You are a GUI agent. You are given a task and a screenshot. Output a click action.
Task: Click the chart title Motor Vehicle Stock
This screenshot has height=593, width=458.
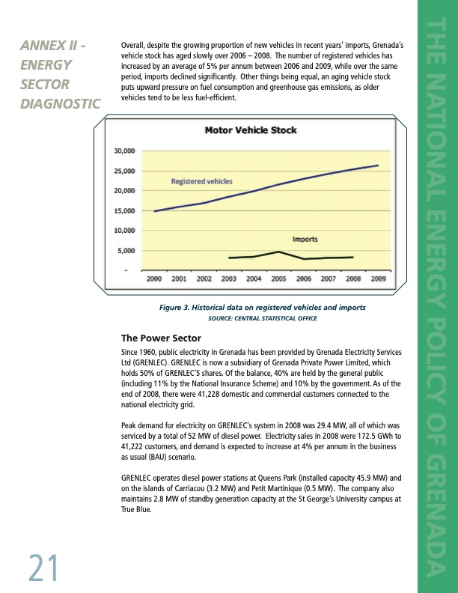[x=251, y=130]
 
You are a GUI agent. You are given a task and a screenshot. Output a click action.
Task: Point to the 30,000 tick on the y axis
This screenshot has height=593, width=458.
[x=123, y=150]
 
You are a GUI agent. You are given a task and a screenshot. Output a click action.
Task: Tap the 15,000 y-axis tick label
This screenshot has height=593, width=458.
[x=123, y=211]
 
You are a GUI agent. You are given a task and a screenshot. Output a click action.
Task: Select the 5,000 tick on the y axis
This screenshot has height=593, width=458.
[x=126, y=251]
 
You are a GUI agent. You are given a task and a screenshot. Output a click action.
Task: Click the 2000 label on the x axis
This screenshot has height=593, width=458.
[x=154, y=279]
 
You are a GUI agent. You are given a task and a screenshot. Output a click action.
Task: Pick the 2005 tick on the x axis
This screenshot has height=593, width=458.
[x=278, y=279]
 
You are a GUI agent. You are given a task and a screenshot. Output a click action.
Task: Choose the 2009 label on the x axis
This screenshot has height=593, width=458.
[x=379, y=279]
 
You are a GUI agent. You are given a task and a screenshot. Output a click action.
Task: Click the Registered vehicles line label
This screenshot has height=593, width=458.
[x=202, y=181]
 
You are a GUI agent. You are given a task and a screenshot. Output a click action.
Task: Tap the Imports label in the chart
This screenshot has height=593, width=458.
[x=305, y=240]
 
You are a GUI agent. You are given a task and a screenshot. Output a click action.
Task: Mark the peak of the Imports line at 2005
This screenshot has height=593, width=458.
[x=278, y=252]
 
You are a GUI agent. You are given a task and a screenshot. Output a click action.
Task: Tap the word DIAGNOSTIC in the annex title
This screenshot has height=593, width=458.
[x=58, y=103]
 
